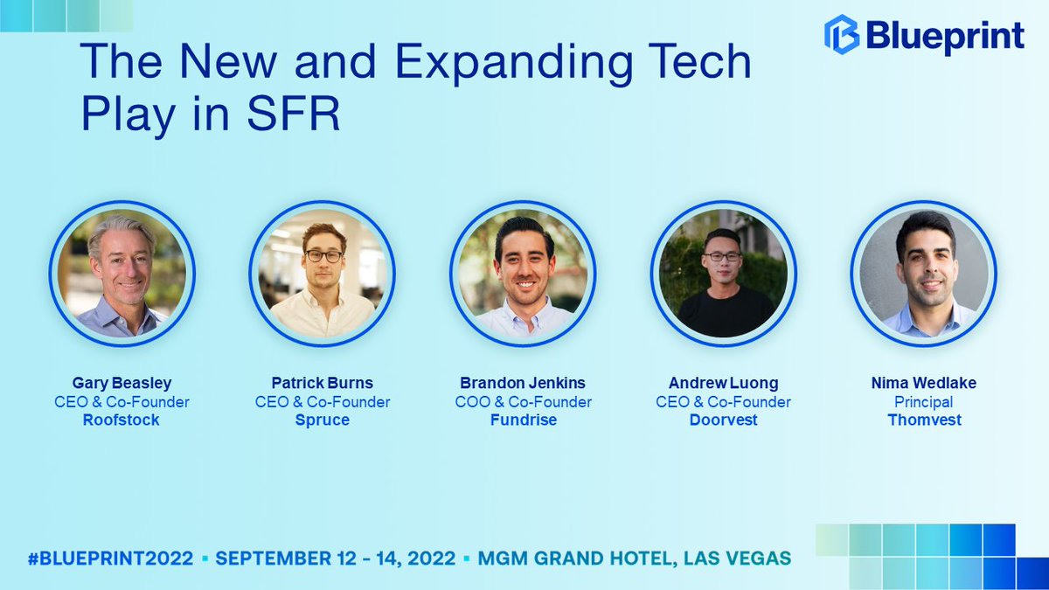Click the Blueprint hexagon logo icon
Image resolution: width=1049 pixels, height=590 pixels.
[x=841, y=35]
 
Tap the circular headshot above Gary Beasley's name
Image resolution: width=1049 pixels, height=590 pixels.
[x=122, y=274]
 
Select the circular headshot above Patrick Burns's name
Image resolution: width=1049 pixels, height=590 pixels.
[x=323, y=274]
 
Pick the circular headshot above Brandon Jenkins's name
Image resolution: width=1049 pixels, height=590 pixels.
[x=524, y=274]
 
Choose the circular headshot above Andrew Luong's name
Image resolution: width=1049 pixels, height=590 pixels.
[x=724, y=274]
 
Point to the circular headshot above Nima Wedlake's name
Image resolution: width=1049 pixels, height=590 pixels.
[x=924, y=274]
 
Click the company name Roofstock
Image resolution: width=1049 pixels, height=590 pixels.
[x=122, y=420]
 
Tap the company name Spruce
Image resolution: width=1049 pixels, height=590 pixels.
[x=323, y=420]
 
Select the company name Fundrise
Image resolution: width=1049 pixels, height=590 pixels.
[x=524, y=420]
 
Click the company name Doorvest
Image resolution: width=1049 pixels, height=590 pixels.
[x=724, y=420]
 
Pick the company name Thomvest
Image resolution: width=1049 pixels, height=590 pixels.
[x=924, y=420]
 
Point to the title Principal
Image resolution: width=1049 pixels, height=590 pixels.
[x=924, y=402]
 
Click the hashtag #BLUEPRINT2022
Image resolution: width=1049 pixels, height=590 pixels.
[x=110, y=559]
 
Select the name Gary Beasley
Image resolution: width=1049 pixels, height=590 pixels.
[x=122, y=384]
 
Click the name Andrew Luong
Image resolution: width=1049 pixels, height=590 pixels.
[x=724, y=384]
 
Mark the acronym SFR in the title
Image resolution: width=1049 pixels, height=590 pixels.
[x=296, y=115]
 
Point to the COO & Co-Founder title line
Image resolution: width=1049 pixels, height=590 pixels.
[x=524, y=402]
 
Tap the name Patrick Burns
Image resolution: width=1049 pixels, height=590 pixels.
[x=323, y=384]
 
